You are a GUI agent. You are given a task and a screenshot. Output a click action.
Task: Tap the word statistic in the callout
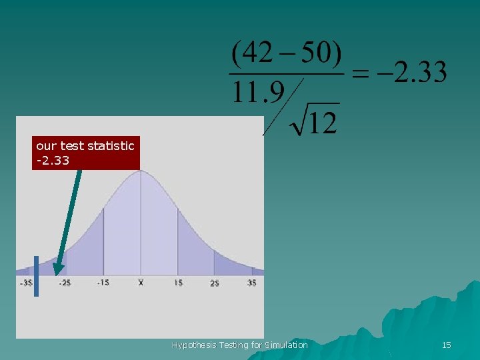[x=111, y=145]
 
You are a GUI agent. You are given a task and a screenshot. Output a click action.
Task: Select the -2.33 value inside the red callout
[x=53, y=161]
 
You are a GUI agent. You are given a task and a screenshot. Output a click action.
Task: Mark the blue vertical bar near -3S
[x=36, y=275]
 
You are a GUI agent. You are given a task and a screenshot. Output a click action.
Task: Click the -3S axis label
[x=26, y=283]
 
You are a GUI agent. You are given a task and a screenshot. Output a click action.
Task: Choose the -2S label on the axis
[x=65, y=283]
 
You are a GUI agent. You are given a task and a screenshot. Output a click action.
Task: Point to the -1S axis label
[x=103, y=283]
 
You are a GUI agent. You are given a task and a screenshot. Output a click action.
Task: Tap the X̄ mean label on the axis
[x=141, y=283]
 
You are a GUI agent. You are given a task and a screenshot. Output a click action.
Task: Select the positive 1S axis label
[x=178, y=283]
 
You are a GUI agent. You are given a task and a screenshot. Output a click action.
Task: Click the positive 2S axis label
[x=215, y=283]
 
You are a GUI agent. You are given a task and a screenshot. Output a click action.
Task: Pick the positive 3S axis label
[x=251, y=283]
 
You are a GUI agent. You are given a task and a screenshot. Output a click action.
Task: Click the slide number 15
[x=446, y=345]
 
